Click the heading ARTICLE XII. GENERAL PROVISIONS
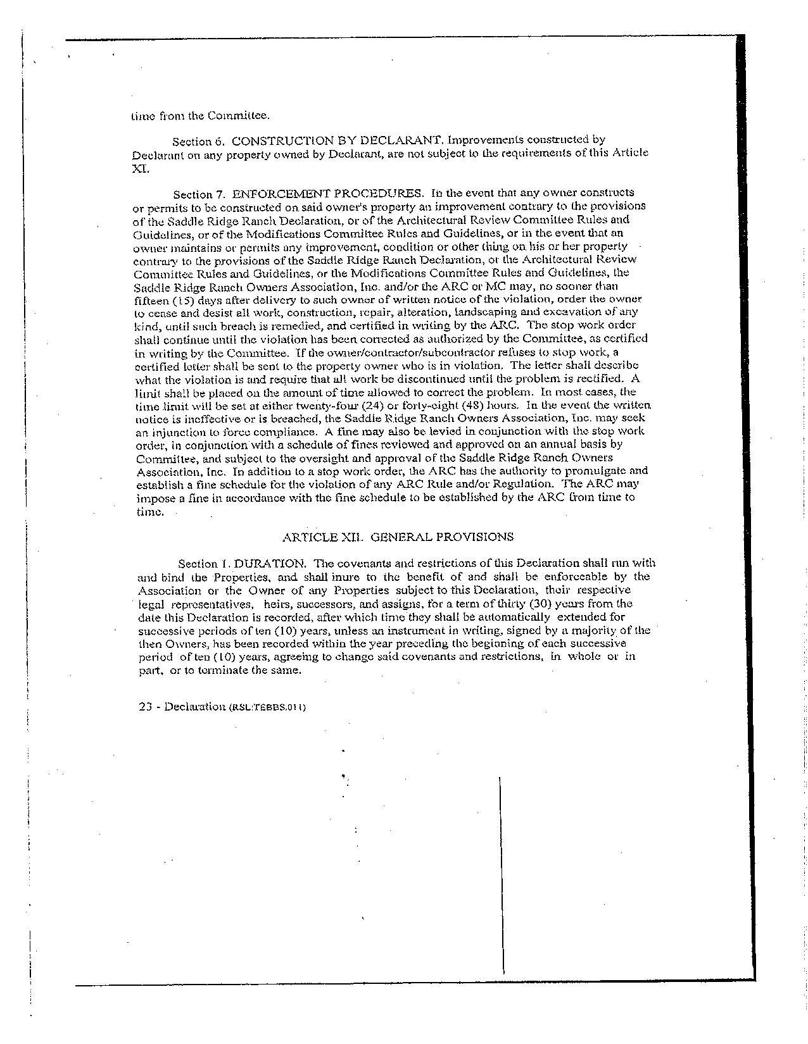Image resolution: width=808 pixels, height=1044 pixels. point(398,537)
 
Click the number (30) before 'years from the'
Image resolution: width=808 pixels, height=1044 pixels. point(541,603)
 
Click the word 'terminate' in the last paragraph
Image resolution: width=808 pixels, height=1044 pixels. point(224,670)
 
